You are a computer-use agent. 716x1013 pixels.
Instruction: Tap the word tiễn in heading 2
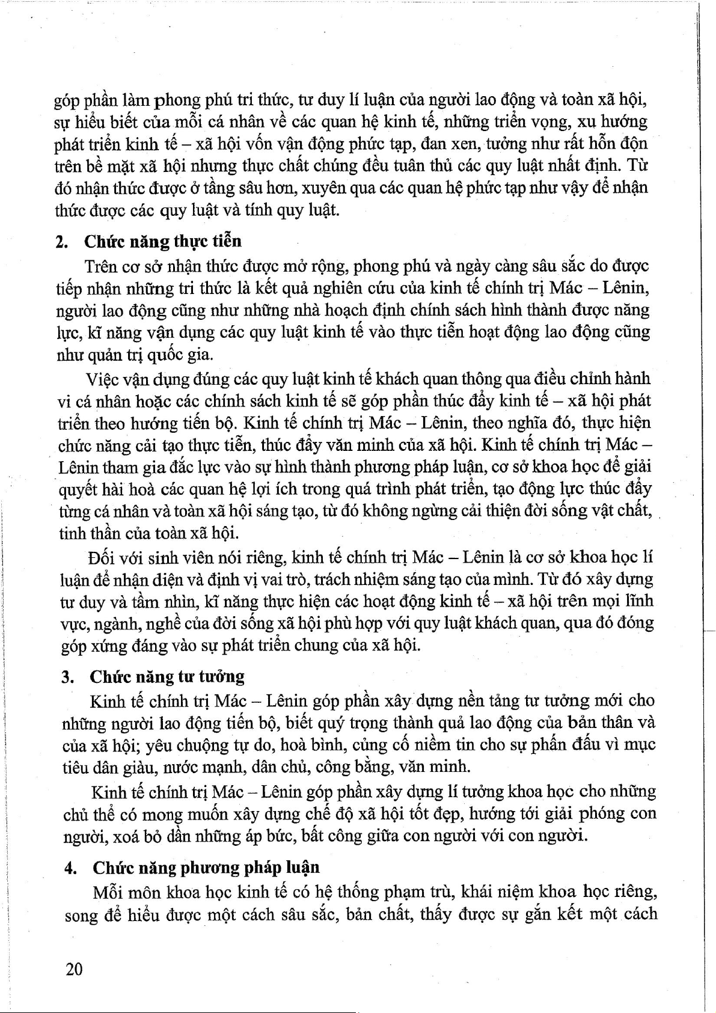pyautogui.click(x=227, y=242)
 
